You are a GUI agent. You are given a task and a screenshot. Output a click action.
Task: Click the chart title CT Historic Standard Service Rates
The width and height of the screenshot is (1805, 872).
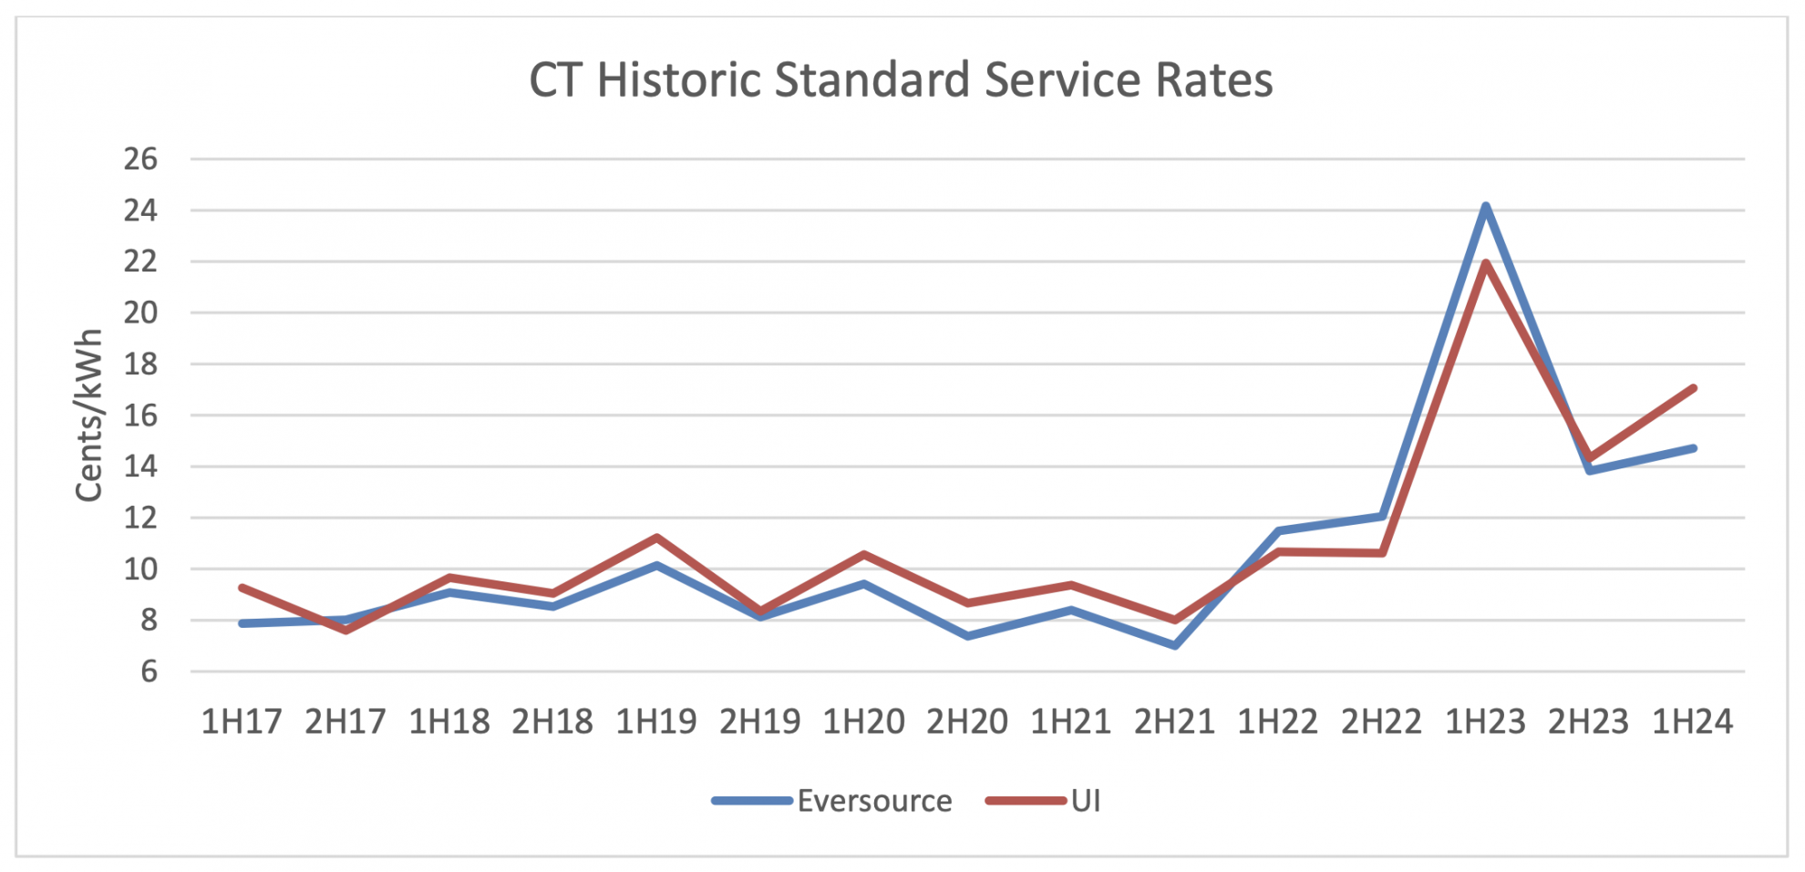point(901,80)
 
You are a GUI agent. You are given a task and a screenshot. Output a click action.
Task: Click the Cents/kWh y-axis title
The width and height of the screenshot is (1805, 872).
point(88,415)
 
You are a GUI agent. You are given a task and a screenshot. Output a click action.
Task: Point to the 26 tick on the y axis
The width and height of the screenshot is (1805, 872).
point(140,159)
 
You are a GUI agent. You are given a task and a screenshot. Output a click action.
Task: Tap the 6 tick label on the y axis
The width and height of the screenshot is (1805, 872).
point(149,672)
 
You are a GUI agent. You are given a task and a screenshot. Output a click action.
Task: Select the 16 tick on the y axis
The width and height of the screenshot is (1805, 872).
point(140,415)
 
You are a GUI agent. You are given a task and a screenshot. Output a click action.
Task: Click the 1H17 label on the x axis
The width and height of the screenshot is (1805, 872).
point(242,722)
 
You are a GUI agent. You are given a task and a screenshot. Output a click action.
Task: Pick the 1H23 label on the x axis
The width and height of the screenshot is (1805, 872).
point(1485,722)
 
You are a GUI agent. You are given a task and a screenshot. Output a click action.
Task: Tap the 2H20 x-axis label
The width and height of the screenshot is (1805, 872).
point(966,722)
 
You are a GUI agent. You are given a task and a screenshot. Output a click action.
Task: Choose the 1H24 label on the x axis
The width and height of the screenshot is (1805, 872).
point(1692,722)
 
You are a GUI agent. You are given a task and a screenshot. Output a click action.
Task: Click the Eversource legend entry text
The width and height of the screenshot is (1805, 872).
point(874,801)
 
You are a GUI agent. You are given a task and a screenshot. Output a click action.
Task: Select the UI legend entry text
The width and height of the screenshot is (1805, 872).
point(1086,801)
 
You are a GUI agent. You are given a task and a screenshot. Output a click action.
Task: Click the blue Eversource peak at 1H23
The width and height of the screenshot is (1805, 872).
point(1486,206)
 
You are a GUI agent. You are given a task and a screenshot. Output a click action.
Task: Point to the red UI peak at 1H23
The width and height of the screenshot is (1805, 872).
point(1486,263)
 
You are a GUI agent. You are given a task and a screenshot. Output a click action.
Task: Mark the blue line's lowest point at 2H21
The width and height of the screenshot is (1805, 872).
point(1175,645)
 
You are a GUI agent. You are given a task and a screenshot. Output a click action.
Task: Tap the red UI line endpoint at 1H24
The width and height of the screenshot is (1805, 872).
point(1693,388)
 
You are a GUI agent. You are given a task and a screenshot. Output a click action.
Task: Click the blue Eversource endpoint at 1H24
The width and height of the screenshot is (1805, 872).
point(1693,448)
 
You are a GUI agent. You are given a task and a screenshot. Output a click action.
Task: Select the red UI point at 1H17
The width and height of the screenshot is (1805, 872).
point(242,588)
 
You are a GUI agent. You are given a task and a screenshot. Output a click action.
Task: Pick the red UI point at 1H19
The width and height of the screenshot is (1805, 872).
point(656,538)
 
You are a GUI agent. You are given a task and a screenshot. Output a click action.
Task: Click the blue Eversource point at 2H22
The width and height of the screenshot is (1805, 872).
point(1382,517)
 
